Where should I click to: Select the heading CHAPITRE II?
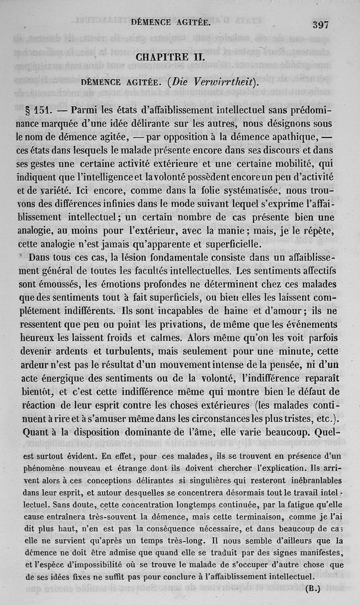click(170, 58)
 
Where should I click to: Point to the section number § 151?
click(39, 110)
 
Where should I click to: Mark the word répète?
click(316, 231)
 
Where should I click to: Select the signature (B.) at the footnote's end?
click(312, 588)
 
